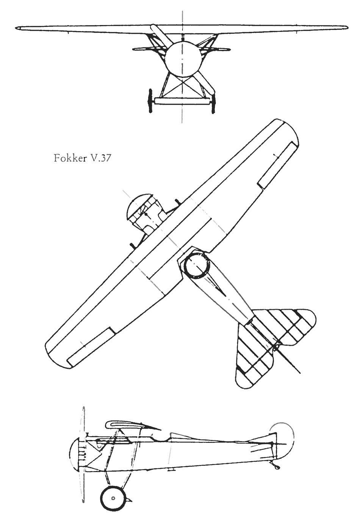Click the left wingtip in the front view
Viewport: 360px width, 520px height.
[x=17, y=28]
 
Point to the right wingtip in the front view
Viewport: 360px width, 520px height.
[x=346, y=27]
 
